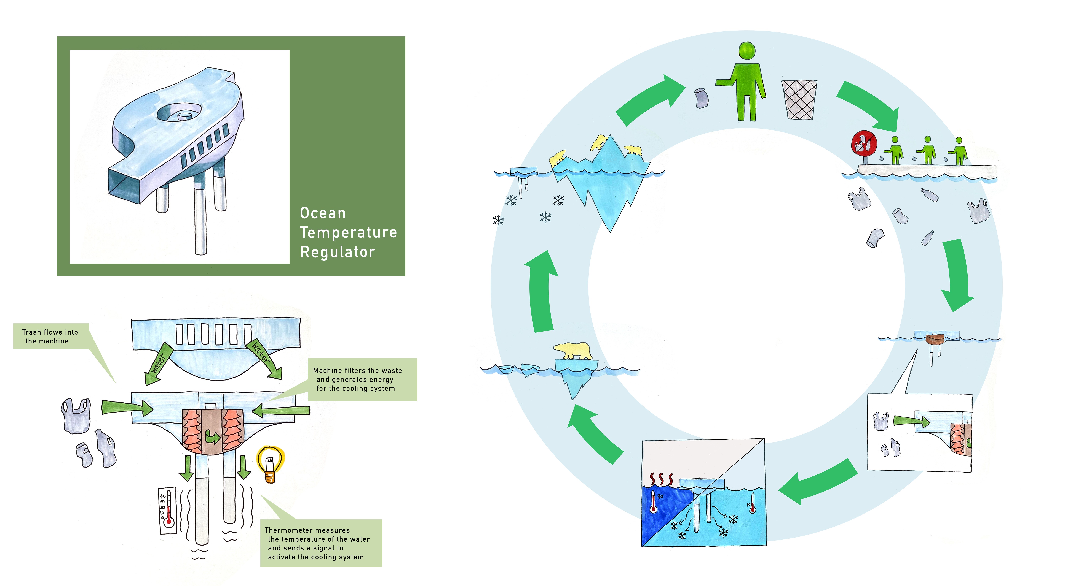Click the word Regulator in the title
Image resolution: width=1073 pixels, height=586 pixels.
[337, 252]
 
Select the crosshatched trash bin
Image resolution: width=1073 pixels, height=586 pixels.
[799, 100]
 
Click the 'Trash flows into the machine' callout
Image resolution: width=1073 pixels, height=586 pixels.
[50, 336]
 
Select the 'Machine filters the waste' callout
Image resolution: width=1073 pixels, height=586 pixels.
[357, 379]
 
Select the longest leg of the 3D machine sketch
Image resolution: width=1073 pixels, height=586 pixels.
[200, 216]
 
